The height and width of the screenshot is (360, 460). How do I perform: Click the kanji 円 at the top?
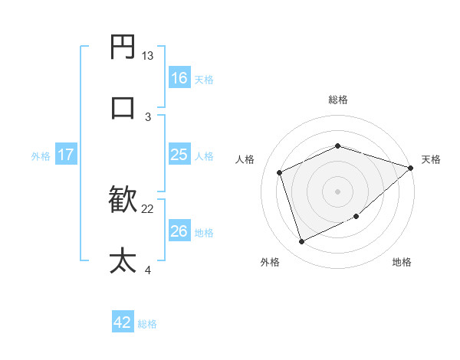(x=123, y=48)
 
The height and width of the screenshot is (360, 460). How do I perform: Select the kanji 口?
(x=123, y=106)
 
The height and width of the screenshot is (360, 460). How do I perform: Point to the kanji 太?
(x=123, y=260)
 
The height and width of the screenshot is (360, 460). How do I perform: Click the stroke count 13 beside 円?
(x=148, y=56)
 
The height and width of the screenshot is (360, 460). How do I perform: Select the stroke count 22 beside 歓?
(x=148, y=208)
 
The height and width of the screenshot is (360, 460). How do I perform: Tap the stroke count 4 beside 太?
(x=148, y=269)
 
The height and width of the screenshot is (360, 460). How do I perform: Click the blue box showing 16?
(x=179, y=77)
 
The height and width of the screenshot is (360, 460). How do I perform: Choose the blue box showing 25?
(x=179, y=155)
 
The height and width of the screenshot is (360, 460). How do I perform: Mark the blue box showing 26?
(x=179, y=231)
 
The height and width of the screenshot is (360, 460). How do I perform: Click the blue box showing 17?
(x=66, y=155)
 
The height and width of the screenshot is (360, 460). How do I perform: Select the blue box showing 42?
(x=123, y=322)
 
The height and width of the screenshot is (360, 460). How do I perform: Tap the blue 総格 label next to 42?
(x=147, y=324)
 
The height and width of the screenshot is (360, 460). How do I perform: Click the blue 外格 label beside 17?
(x=41, y=156)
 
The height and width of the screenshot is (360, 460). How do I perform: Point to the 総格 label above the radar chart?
(x=337, y=100)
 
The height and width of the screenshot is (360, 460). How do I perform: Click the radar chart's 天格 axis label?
(x=431, y=159)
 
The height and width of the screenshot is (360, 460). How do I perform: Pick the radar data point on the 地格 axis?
(x=357, y=217)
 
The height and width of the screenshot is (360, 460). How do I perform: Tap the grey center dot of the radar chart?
(x=337, y=191)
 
